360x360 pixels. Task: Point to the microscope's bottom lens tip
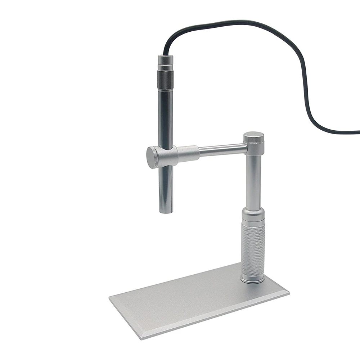click(166, 210)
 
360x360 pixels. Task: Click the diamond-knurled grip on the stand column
click(253, 248)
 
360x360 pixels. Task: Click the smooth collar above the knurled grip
click(253, 215)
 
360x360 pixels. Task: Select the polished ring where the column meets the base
click(252, 279)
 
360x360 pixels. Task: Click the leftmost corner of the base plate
click(110, 298)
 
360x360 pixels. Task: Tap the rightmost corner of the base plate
click(289, 292)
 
